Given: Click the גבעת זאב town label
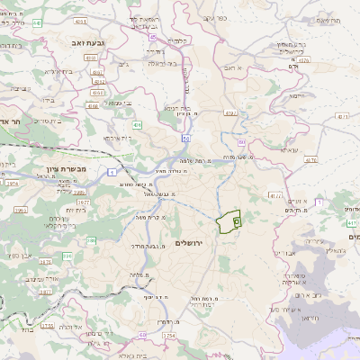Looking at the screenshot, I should pyautogui.click(x=85, y=42).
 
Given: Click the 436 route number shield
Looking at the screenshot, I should pyautogui.click(x=137, y=124).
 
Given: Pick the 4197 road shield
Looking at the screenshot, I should pyautogui.click(x=230, y=113).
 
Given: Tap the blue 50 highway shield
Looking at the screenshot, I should pyautogui.click(x=185, y=139).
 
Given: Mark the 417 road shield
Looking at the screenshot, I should pyautogui.click(x=274, y=193).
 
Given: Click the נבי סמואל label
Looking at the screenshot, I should pyautogui.click(x=116, y=103).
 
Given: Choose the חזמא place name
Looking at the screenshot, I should pyautogui.click(x=296, y=94).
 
